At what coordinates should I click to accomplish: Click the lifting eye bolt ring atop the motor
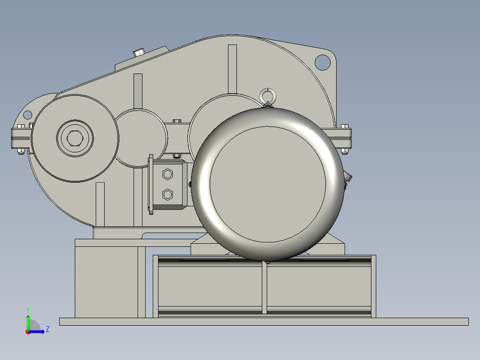[x=268, y=95]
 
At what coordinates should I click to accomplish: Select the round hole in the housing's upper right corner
[x=322, y=62]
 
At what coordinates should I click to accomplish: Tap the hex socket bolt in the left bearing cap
[x=75, y=139]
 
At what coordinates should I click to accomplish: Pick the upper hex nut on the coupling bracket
[x=167, y=174]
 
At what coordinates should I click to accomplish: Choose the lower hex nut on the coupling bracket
[x=167, y=194]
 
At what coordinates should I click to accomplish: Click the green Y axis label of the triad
[x=28, y=309]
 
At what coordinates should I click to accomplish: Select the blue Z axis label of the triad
[x=47, y=329]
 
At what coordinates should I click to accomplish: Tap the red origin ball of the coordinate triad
[x=28, y=331]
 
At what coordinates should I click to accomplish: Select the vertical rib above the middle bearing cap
[x=138, y=91]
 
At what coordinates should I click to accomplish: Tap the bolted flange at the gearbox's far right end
[x=343, y=139]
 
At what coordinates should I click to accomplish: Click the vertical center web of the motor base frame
[x=264, y=287]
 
